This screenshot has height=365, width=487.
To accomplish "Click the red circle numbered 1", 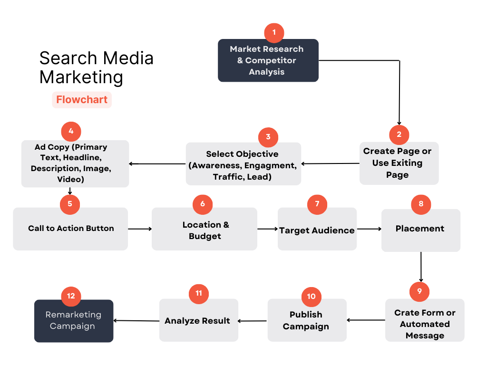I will (x=274, y=32).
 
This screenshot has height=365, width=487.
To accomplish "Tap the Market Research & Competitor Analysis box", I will (x=268, y=60).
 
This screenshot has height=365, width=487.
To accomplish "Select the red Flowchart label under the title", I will (x=82, y=100).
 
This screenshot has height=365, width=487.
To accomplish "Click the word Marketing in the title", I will (x=81, y=77).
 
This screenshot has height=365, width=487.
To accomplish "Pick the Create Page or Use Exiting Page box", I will (x=399, y=163).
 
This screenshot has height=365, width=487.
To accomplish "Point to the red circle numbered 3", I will (x=268, y=137).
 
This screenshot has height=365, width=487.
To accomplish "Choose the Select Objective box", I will (x=243, y=165).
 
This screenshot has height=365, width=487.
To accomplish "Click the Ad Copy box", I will (x=75, y=163).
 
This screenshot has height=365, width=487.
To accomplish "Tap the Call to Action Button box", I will (x=70, y=229).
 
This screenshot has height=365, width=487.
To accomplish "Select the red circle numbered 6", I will (x=203, y=204).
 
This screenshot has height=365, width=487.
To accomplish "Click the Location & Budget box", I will (x=205, y=230).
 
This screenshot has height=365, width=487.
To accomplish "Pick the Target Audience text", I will (x=317, y=231).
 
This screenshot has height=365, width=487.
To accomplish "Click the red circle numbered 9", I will (x=419, y=291).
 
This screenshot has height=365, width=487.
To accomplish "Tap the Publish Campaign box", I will (x=307, y=321).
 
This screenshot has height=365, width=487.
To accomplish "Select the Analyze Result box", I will (x=198, y=321).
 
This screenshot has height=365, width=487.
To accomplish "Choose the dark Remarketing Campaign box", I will (x=73, y=321).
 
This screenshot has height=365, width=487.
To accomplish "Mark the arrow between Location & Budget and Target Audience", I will (x=267, y=229).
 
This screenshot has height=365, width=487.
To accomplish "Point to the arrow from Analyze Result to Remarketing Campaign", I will (x=136, y=321).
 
